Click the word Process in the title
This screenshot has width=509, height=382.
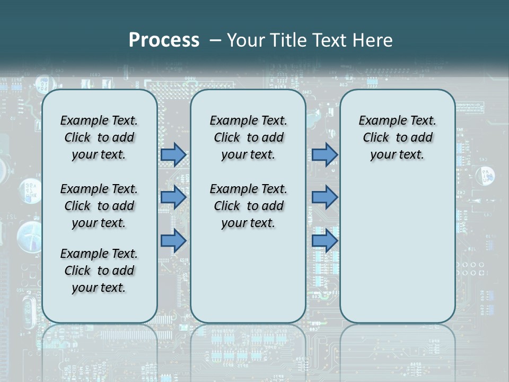point(164,40)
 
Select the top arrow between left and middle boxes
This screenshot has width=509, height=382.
point(173,155)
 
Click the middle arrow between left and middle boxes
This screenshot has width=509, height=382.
point(173,197)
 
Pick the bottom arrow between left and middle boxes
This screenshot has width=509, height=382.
point(173,241)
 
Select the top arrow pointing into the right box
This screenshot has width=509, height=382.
point(324,155)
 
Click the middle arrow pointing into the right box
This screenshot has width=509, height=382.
point(324,197)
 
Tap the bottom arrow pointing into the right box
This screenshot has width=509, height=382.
point(324,241)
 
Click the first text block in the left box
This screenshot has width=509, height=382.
point(99,137)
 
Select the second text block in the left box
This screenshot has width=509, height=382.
point(99,206)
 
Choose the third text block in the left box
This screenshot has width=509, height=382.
point(99,271)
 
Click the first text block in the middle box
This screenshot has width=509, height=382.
point(248,137)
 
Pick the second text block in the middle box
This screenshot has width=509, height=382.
point(248,206)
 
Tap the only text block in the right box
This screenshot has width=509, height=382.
point(397,137)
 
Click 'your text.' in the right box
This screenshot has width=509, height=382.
point(397,155)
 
